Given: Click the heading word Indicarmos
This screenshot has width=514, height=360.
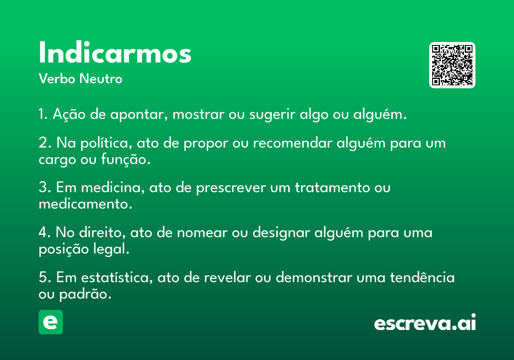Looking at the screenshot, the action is (115, 52).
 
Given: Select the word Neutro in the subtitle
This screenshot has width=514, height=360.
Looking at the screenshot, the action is (101, 79).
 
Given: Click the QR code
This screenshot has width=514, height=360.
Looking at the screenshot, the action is (452, 65).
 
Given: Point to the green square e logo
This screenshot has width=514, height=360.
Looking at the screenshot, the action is (51, 322).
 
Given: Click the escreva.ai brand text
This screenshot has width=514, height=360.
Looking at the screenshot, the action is (425, 322).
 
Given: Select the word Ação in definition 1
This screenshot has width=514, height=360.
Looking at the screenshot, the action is (69, 114).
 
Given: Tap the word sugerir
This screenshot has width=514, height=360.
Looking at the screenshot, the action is (272, 114).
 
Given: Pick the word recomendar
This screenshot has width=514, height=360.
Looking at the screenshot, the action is (293, 143).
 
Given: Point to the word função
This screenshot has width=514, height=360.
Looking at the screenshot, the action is (126, 159).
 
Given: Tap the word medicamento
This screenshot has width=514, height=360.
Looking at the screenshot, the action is (86, 204).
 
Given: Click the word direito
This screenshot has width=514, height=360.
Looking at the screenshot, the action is (102, 232).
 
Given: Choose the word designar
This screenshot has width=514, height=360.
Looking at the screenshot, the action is (281, 233).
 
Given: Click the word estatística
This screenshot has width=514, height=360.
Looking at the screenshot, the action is (117, 277).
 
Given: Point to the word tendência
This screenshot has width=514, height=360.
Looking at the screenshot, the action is (422, 277).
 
